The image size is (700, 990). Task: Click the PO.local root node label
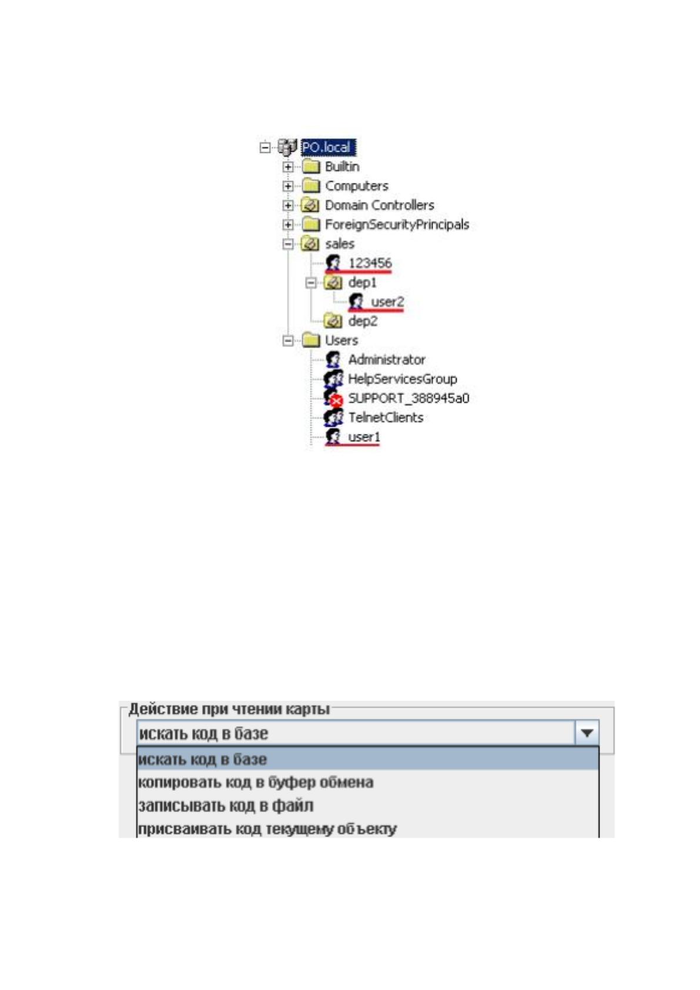(x=328, y=147)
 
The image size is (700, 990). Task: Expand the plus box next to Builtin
(x=287, y=167)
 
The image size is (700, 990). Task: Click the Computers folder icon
(x=311, y=186)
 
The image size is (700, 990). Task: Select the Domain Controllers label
(x=379, y=205)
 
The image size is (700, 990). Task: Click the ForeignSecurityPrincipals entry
(x=397, y=225)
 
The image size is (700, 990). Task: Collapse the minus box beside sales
(x=287, y=244)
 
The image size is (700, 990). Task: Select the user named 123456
(x=370, y=263)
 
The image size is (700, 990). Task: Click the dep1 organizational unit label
(x=363, y=282)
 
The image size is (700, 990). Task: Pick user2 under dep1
(x=387, y=302)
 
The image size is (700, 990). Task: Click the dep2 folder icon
(x=333, y=321)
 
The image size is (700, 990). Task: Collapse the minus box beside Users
(x=287, y=341)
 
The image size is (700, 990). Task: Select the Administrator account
(x=387, y=360)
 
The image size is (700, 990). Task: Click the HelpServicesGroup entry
(x=403, y=379)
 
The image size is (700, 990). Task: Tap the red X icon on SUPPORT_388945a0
(x=337, y=402)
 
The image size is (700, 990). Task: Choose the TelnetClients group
(x=386, y=417)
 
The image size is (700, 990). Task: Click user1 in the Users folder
(x=364, y=437)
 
